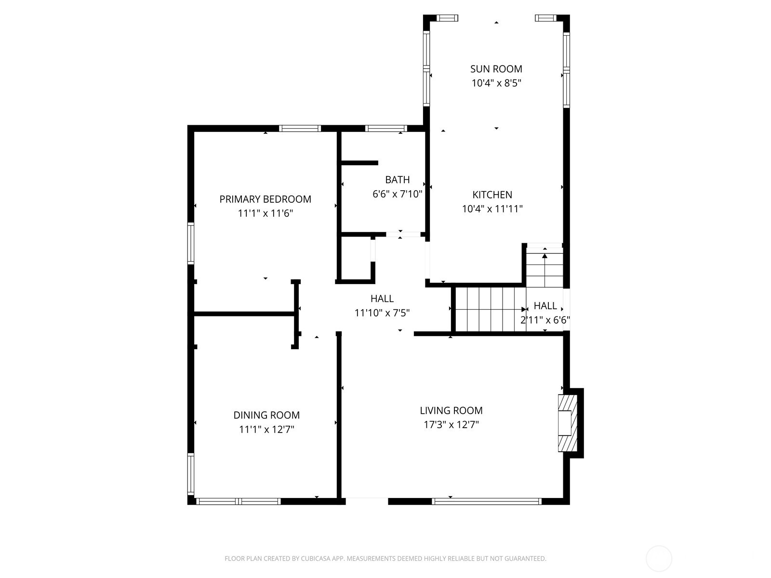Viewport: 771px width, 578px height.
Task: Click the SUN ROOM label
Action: point(496,69)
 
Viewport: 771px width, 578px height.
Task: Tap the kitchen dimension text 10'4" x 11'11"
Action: point(492,209)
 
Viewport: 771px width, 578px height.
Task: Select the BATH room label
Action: point(397,180)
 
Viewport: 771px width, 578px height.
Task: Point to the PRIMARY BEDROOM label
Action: point(265,199)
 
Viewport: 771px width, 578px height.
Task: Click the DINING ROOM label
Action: point(266,415)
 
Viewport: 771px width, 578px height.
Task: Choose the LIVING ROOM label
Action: point(451,410)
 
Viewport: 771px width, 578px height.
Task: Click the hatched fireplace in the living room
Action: point(567,423)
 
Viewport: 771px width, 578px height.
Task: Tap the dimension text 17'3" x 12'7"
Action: point(451,425)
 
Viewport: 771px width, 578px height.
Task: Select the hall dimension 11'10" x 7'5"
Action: point(382,313)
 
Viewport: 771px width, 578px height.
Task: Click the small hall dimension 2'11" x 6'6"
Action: point(545,320)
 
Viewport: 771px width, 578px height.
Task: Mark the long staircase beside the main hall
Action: point(489,309)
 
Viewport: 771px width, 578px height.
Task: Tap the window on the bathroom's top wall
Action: point(386,129)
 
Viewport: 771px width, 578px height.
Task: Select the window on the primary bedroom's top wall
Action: point(300,129)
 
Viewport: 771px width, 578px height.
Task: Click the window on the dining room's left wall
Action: point(191,474)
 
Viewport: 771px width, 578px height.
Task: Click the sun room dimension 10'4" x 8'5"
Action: point(496,83)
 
